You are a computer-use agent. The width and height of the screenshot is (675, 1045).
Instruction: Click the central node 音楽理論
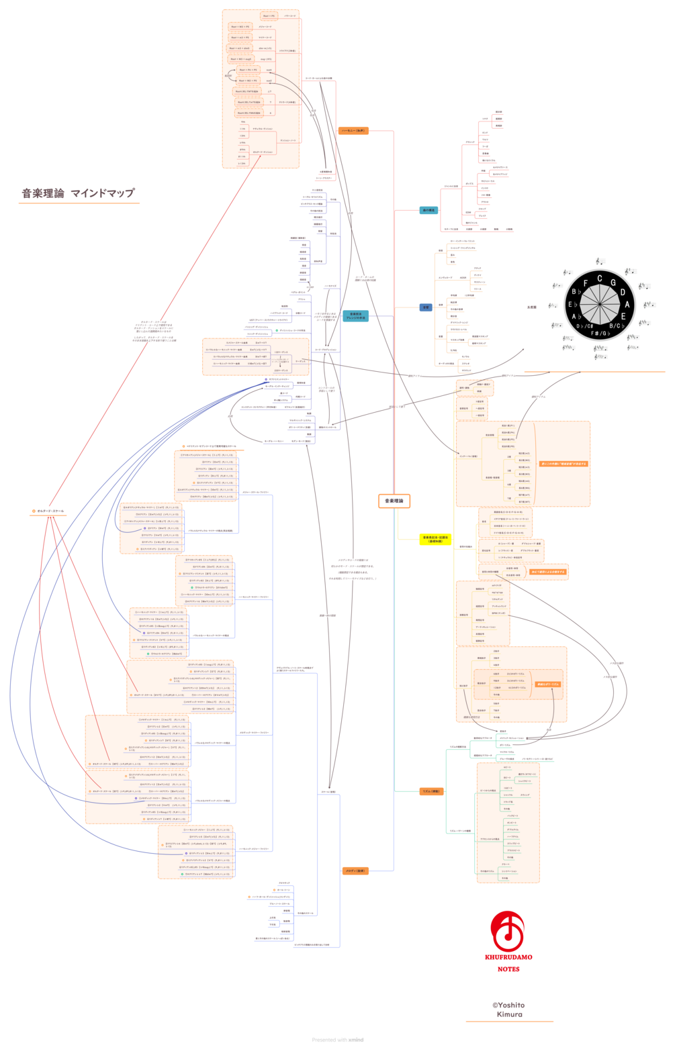click(394, 501)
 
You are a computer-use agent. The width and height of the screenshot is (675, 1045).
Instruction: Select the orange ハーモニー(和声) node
click(353, 131)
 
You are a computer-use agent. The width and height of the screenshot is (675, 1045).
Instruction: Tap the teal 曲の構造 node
click(428, 210)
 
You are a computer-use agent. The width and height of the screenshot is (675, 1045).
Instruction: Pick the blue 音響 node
click(426, 307)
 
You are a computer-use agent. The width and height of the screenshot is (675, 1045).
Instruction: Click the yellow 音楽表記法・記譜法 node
click(435, 539)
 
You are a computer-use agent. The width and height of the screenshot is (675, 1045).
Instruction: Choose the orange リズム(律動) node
click(431, 791)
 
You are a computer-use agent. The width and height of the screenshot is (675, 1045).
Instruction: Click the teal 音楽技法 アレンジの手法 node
click(356, 316)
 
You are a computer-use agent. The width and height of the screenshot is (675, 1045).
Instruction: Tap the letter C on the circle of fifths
click(600, 279)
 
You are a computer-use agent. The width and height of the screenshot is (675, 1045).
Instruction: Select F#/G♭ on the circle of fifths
click(600, 333)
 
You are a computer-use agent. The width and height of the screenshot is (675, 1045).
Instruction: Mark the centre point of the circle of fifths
click(600, 305)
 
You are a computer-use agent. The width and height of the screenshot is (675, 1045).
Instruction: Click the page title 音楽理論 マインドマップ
click(79, 193)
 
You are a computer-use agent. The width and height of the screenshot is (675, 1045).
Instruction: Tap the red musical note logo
click(508, 931)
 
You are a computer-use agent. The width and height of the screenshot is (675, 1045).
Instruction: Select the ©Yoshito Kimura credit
click(508, 1009)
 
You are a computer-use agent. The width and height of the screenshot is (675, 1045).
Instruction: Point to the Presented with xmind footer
click(337, 1040)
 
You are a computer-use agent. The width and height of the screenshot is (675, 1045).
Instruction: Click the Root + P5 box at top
click(268, 16)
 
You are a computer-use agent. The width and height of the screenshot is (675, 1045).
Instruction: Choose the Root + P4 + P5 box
click(249, 70)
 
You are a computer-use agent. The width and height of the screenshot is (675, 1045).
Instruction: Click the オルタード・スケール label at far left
click(50, 511)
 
